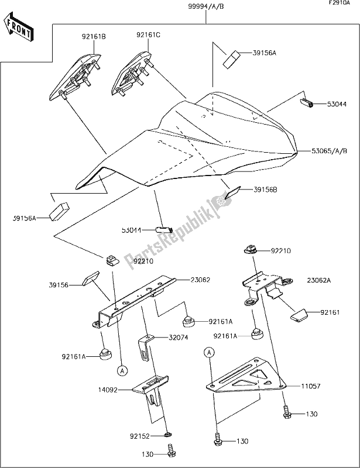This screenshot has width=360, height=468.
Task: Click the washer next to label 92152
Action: coord(168,435)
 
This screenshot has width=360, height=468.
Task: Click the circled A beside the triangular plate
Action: coord(208,352)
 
